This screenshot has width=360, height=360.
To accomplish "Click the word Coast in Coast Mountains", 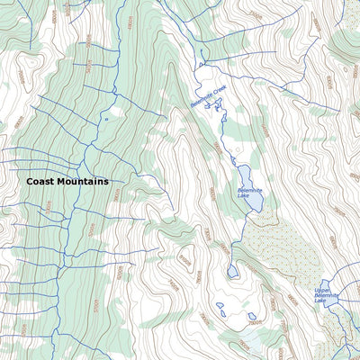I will click(x=40, y=181).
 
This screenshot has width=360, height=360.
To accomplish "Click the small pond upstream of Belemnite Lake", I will click(x=233, y=270).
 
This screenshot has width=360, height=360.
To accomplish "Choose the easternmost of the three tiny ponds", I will click(x=252, y=317).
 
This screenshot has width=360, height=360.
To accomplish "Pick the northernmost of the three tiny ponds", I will click(x=220, y=306).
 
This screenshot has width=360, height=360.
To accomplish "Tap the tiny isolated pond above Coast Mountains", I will click(x=106, y=118).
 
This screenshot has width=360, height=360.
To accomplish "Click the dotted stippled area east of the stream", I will click(x=288, y=247).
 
